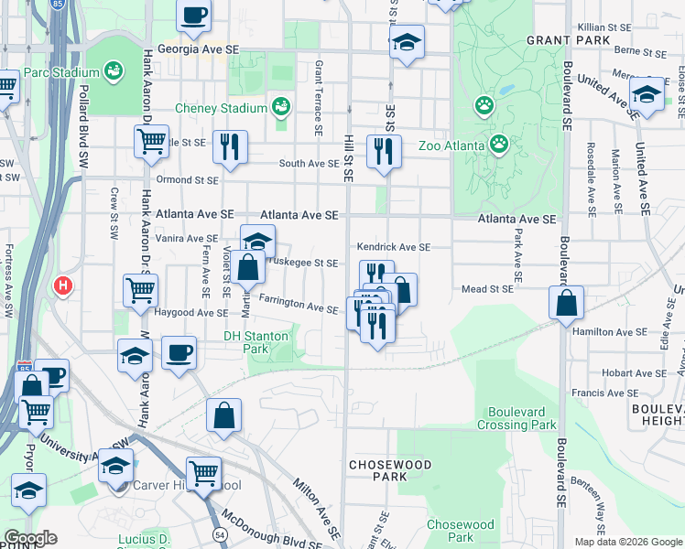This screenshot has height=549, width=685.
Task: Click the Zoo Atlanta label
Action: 538,143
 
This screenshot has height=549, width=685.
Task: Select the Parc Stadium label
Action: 62,72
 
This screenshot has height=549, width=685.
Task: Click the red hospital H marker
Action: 63,285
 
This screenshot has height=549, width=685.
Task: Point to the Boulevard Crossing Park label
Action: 516,418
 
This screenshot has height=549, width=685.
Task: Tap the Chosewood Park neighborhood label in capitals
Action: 377,470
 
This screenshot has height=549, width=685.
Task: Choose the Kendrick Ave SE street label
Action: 393,247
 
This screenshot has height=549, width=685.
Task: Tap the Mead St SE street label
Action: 484,287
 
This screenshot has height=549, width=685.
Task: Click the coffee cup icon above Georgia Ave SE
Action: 194,15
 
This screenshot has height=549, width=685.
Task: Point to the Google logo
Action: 30,538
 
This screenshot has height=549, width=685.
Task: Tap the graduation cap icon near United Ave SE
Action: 647,94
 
